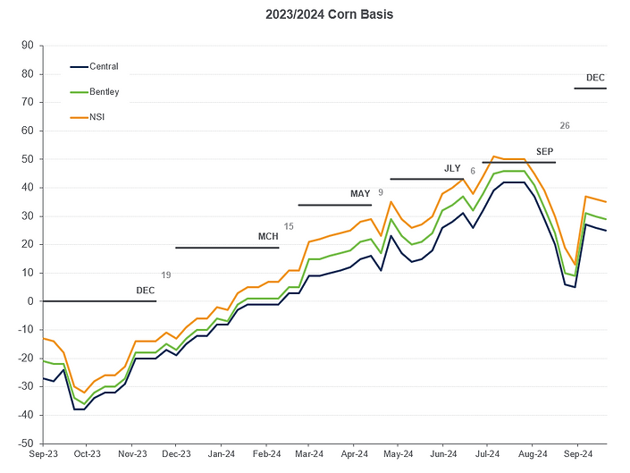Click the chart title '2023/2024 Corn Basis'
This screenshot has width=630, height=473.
(316, 15)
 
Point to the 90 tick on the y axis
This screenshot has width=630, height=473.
(28, 46)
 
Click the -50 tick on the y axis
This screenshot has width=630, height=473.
(26, 443)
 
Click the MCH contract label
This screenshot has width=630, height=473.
(268, 237)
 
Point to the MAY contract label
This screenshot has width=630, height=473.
(360, 194)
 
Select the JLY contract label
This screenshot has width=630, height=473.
(453, 168)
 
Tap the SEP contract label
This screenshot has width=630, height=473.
(544, 151)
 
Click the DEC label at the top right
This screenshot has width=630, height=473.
(595, 78)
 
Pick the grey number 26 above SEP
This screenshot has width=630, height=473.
(564, 125)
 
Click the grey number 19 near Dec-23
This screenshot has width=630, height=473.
(165, 275)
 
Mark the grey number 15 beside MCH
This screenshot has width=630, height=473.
(288, 227)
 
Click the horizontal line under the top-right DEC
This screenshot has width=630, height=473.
(591, 89)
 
